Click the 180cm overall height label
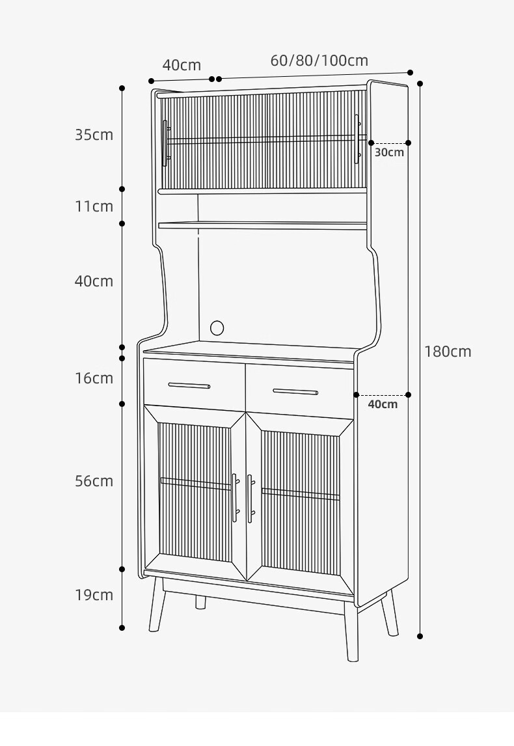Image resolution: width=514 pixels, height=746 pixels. pyautogui.click(x=448, y=352)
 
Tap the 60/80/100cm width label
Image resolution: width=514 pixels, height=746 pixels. pyautogui.click(x=319, y=61)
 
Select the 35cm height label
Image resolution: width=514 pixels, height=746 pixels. pyautogui.click(x=94, y=135)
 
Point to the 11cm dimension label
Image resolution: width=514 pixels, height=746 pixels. pyautogui.click(x=94, y=206)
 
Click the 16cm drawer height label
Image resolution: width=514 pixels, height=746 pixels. pyautogui.click(x=94, y=378)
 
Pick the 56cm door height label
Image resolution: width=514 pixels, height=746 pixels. pyautogui.click(x=94, y=481)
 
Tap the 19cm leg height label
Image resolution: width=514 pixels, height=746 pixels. pyautogui.click(x=94, y=594)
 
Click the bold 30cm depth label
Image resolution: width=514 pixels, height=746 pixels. pyautogui.click(x=389, y=152)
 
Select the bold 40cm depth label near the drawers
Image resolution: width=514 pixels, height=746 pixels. pyautogui.click(x=383, y=404)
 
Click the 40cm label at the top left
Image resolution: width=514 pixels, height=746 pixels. pyautogui.click(x=182, y=65)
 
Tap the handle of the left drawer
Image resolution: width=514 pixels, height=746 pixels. pyautogui.click(x=189, y=385)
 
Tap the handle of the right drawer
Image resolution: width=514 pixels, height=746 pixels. pyautogui.click(x=295, y=392)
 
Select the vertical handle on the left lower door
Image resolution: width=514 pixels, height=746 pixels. pyautogui.click(x=235, y=498)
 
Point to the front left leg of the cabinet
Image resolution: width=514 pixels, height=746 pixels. pyautogui.click(x=157, y=605)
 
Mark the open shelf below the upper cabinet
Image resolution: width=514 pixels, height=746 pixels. pyautogui.click(x=263, y=225)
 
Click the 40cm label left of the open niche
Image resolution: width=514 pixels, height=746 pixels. pyautogui.click(x=94, y=281)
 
